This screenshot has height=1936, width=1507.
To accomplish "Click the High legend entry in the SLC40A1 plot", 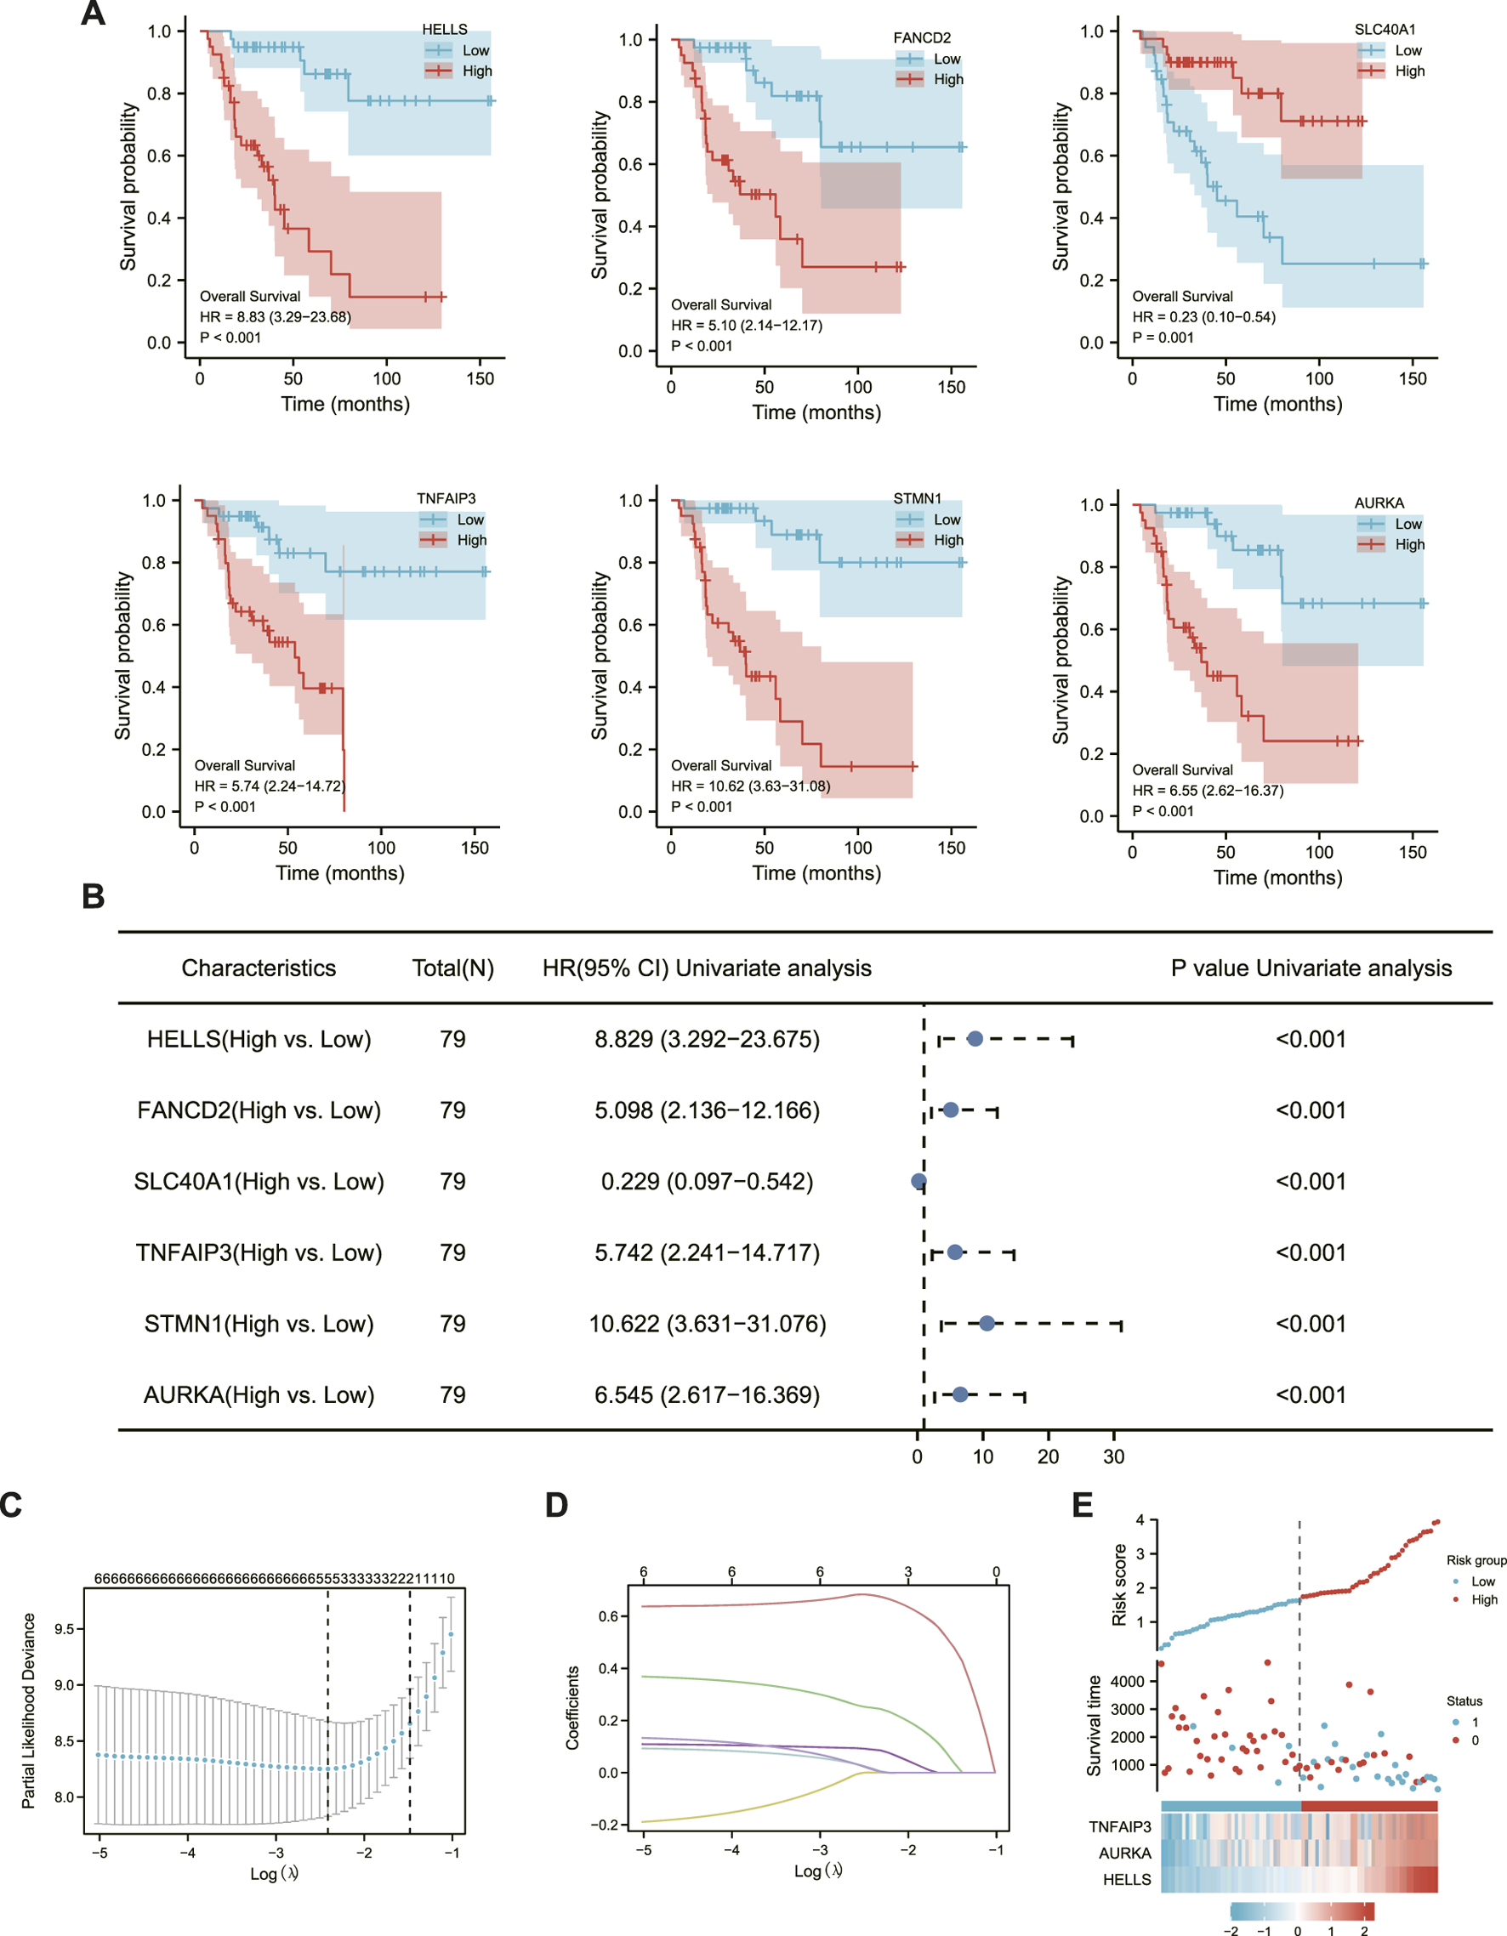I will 1408,71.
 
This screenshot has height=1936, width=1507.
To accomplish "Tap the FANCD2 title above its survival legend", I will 921,38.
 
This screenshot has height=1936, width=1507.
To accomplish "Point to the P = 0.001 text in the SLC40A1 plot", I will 1163,337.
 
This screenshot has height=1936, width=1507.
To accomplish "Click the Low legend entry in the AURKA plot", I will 1408,524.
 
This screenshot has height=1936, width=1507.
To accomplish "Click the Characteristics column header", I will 259,968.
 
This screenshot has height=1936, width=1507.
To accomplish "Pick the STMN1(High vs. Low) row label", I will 259,1324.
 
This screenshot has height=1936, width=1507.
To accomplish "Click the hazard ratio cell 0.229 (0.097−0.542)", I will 707,1182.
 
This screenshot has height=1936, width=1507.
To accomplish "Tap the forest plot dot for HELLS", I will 975,1039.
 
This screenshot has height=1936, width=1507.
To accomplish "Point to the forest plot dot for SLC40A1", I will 918,1182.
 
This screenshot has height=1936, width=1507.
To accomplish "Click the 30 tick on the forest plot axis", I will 1113,1456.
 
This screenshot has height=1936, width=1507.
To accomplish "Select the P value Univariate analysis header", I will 1311,968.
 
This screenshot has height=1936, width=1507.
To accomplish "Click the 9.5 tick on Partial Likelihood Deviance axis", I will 64,1629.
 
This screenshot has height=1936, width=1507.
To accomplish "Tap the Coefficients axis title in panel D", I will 572,1707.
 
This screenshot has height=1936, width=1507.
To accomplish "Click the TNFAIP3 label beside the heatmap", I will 1119,1827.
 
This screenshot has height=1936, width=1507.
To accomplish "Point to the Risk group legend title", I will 1476,1560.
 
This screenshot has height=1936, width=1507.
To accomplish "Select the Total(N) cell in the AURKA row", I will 452,1394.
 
